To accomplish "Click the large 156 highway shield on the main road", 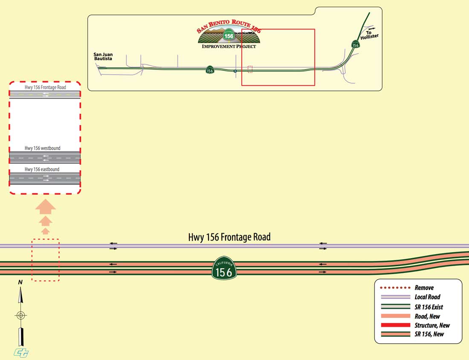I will (224, 268).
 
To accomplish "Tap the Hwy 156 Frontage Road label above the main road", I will (229, 237).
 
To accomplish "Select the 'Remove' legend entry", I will (424, 288).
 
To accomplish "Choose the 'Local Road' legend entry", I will (427, 297).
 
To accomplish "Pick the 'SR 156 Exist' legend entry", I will (428, 307).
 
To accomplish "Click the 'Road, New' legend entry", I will (427, 316).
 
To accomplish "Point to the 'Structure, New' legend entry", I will (432, 325).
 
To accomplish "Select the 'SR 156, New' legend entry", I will (429, 334).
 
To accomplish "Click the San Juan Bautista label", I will (103, 56).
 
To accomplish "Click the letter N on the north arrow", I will (20, 282).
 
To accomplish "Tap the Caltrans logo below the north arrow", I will (20, 352).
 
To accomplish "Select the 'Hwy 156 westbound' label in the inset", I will (43, 148).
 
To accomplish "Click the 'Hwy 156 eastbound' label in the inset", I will (42, 169).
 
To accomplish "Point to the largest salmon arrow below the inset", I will (45, 208).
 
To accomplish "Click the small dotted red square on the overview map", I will (250, 69).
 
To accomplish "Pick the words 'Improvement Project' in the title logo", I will (229, 46).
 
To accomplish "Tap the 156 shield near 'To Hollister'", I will (355, 44).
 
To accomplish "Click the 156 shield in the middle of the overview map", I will (209, 70).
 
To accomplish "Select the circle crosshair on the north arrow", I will (20, 316).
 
